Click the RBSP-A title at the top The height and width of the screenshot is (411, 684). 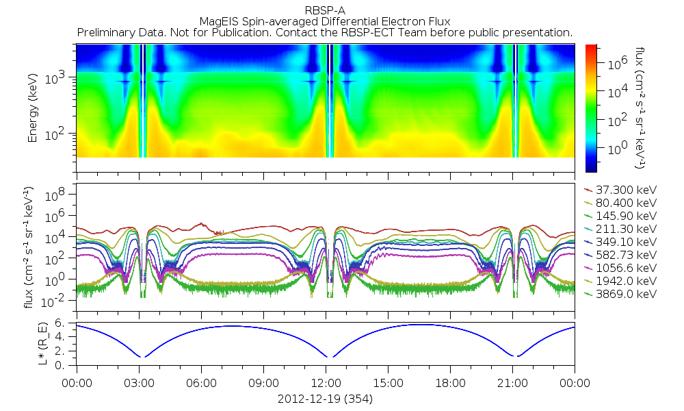[325, 9]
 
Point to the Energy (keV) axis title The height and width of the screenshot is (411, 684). [32, 108]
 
